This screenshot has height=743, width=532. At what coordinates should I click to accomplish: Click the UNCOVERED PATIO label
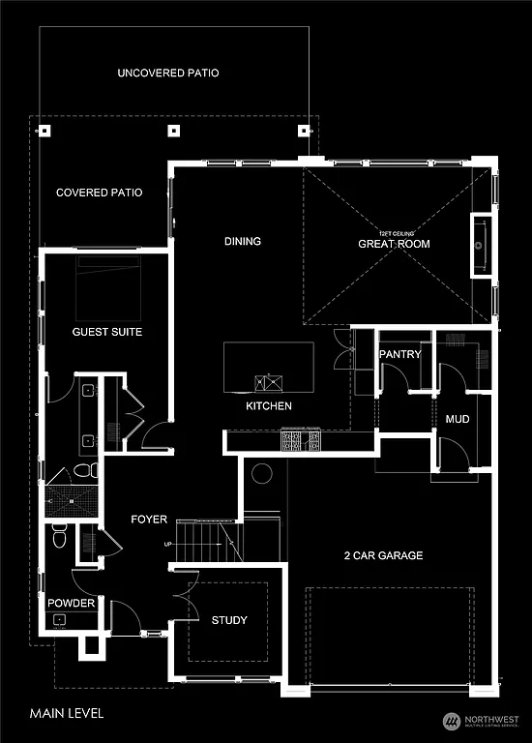click(168, 73)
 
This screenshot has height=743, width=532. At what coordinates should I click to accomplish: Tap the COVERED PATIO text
click(99, 193)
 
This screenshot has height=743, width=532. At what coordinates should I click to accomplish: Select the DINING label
click(243, 241)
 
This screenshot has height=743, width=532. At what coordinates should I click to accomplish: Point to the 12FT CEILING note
click(394, 234)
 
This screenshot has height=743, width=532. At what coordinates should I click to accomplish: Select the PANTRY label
click(400, 354)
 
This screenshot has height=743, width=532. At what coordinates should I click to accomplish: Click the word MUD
click(456, 419)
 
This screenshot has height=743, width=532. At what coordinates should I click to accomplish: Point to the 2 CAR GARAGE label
click(383, 555)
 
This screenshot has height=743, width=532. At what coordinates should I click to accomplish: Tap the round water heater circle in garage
click(261, 475)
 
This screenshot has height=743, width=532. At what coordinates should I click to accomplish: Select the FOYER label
click(150, 520)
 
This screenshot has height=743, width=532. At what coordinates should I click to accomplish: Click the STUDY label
click(229, 620)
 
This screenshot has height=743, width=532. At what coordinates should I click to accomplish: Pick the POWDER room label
click(72, 603)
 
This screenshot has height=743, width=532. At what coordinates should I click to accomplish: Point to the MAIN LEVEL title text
click(66, 713)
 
